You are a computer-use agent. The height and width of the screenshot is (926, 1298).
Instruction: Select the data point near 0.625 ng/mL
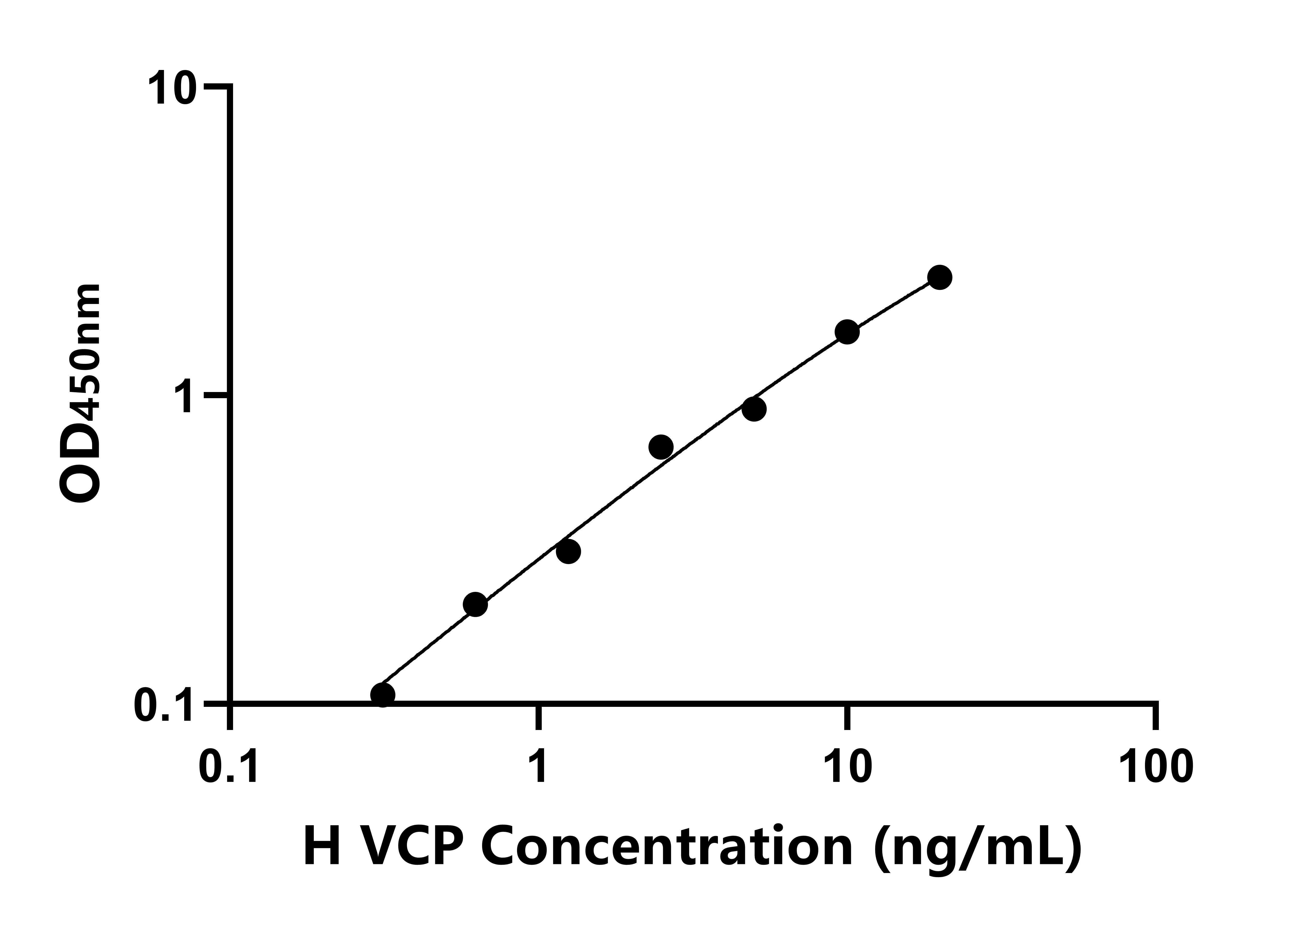pyautogui.click(x=475, y=604)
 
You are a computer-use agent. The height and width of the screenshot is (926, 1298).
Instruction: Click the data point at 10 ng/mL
pyautogui.click(x=847, y=332)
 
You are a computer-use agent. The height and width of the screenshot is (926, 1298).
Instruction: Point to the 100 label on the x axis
pyautogui.click(x=1155, y=767)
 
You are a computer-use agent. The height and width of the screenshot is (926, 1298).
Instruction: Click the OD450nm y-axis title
pyautogui.click(x=80, y=394)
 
